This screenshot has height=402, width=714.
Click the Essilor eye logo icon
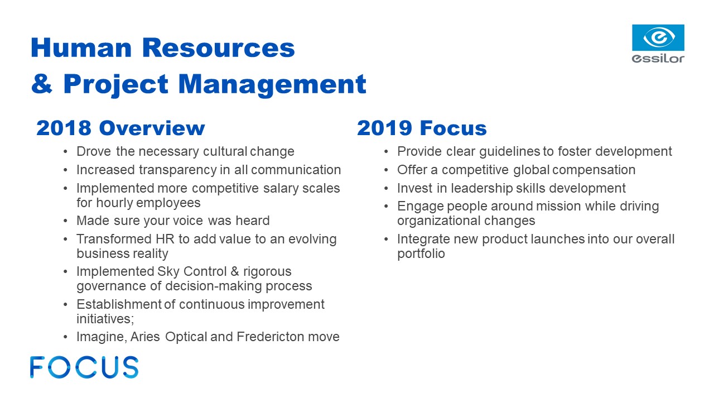tap(658, 37)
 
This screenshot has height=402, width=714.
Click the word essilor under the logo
tap(658, 59)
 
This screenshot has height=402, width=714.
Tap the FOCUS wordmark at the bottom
tap(84, 367)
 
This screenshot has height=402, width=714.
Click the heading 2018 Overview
tap(120, 128)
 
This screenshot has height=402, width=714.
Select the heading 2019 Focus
tap(422, 128)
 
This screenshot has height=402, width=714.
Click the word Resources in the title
tap(218, 48)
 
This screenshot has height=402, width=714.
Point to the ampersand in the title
tap(42, 84)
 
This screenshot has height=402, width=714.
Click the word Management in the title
tap(272, 84)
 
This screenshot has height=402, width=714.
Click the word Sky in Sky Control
tap(168, 272)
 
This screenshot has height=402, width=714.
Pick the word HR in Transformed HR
tap(165, 239)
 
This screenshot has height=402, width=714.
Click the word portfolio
tap(421, 254)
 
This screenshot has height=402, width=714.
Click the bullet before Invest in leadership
tap(386, 189)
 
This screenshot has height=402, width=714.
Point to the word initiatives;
tap(105, 319)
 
